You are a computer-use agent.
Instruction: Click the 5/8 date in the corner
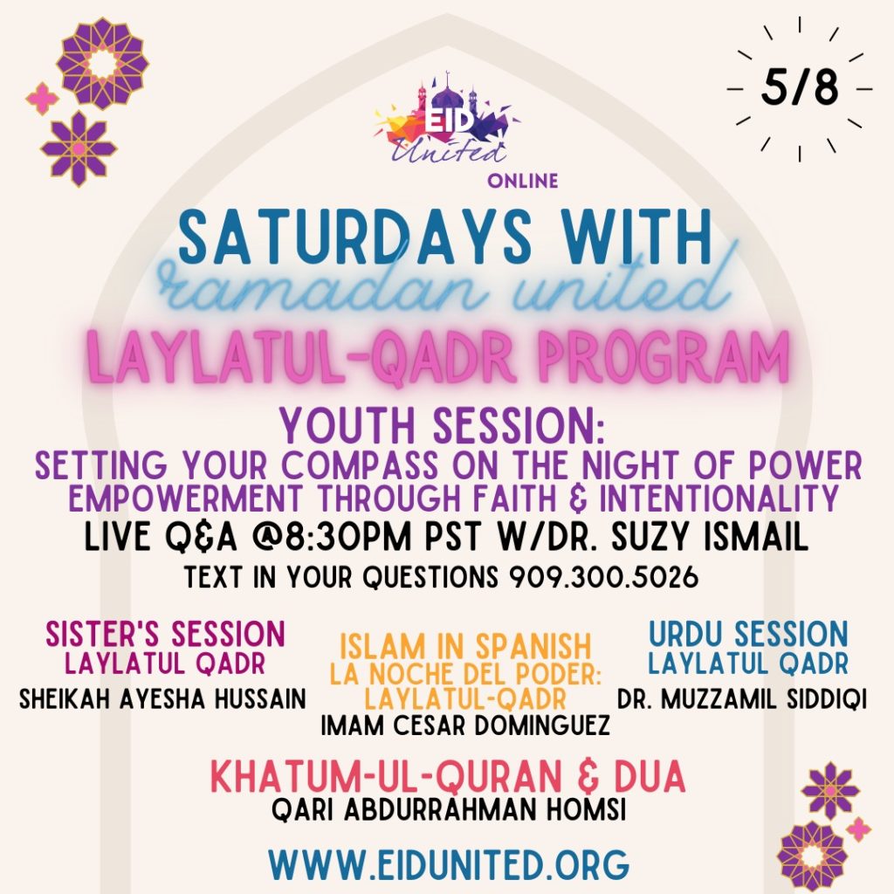[x=800, y=88]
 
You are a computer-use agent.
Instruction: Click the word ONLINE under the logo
[x=523, y=182]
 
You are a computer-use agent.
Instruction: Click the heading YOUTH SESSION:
[x=441, y=426]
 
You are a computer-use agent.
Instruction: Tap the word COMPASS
[x=362, y=466]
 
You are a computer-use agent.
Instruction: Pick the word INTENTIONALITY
[x=719, y=498]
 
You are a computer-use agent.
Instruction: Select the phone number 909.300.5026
[x=603, y=578]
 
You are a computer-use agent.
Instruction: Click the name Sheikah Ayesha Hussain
[x=162, y=699]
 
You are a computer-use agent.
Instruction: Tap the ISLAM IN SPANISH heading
[x=465, y=647]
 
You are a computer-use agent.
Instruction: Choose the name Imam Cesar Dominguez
[x=465, y=726]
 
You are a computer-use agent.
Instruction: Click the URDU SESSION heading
[x=748, y=634]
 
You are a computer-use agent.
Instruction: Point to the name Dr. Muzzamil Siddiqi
[x=742, y=699]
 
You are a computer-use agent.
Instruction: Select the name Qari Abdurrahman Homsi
[x=449, y=809]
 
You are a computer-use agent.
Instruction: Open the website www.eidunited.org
[x=450, y=864]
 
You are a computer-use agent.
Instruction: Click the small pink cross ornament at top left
[x=43, y=99]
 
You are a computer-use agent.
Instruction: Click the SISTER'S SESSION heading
[x=165, y=634]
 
